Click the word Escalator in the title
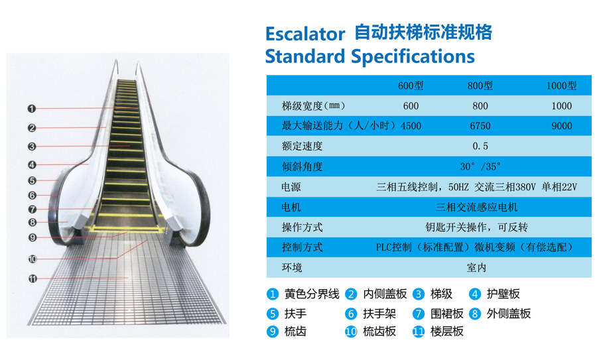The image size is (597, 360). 305,34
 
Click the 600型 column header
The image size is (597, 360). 411,86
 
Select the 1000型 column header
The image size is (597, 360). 562,86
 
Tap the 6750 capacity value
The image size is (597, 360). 480,126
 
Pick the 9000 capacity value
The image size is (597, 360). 562,126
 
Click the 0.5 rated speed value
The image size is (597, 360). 480,146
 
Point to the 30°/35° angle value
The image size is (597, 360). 480,166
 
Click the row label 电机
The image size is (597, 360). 291,207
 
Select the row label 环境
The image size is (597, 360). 292,268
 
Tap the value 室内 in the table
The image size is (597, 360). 476,268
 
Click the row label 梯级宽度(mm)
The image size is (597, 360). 313,106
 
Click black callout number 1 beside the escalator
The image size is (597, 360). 32,109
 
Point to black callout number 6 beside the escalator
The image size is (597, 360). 32,196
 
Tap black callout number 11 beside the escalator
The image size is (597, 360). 33,279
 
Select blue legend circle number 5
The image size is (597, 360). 272,314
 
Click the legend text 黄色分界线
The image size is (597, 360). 312,294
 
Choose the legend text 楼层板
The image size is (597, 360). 446,331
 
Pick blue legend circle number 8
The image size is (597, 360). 474,314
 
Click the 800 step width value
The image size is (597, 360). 480,106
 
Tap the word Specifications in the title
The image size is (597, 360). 413,57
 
